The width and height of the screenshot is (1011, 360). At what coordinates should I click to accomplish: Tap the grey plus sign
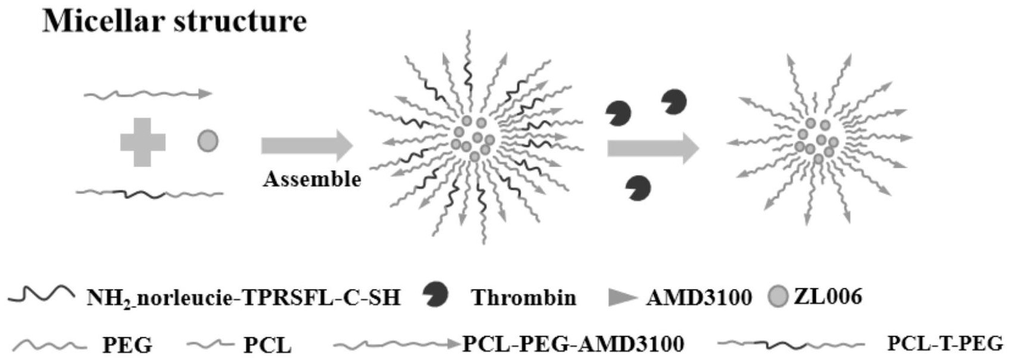coord(143,142)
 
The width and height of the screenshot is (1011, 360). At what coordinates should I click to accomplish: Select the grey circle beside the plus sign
coord(208,141)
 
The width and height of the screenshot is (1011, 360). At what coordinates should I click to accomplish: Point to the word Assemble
coord(312,179)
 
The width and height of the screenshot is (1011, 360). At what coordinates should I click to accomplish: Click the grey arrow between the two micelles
coord(652,147)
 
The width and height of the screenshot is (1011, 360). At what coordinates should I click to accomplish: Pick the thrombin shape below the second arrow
coord(638,188)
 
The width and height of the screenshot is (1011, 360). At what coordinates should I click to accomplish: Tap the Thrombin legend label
coord(523,297)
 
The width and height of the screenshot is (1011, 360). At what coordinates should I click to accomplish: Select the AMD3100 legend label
coord(698,297)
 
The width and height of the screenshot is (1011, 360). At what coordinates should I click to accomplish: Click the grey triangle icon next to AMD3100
coord(622,297)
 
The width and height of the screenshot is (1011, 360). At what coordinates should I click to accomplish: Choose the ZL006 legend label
coord(828,296)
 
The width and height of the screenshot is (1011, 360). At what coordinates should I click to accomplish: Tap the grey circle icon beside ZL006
coord(777,297)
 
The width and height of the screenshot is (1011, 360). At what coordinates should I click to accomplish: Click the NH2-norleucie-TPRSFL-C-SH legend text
coord(243,297)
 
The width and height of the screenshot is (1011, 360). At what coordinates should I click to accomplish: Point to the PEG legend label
coord(127,345)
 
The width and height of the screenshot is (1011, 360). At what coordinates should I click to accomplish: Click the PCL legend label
coord(267,345)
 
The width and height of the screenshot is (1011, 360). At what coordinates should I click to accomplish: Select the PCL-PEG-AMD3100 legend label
coord(573,344)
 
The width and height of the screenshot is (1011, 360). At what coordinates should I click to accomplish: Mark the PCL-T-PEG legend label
coord(945,344)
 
